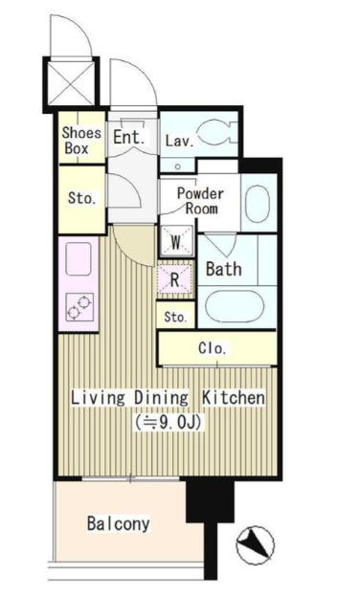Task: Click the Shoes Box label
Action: pos(81,140)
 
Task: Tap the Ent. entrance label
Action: pos(129,137)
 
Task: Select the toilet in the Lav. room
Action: pos(217,133)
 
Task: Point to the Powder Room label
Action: pos(200,201)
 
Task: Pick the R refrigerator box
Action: pos(174,279)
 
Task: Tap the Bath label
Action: pos(224,269)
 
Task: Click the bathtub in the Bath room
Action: pos(235,306)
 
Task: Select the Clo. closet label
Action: pos(213,348)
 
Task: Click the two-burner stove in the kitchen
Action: pos(79,307)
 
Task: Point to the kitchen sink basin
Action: pos(79,258)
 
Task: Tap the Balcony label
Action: pos(119,524)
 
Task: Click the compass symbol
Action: pos(255,544)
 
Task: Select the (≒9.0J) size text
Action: pos(168,422)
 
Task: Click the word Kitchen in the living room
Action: pos(234,398)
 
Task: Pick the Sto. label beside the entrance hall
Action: pos(81,198)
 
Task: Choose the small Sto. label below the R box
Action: pos(175,317)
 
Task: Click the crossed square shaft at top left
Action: pos(71,83)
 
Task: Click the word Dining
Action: pos(162,398)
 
